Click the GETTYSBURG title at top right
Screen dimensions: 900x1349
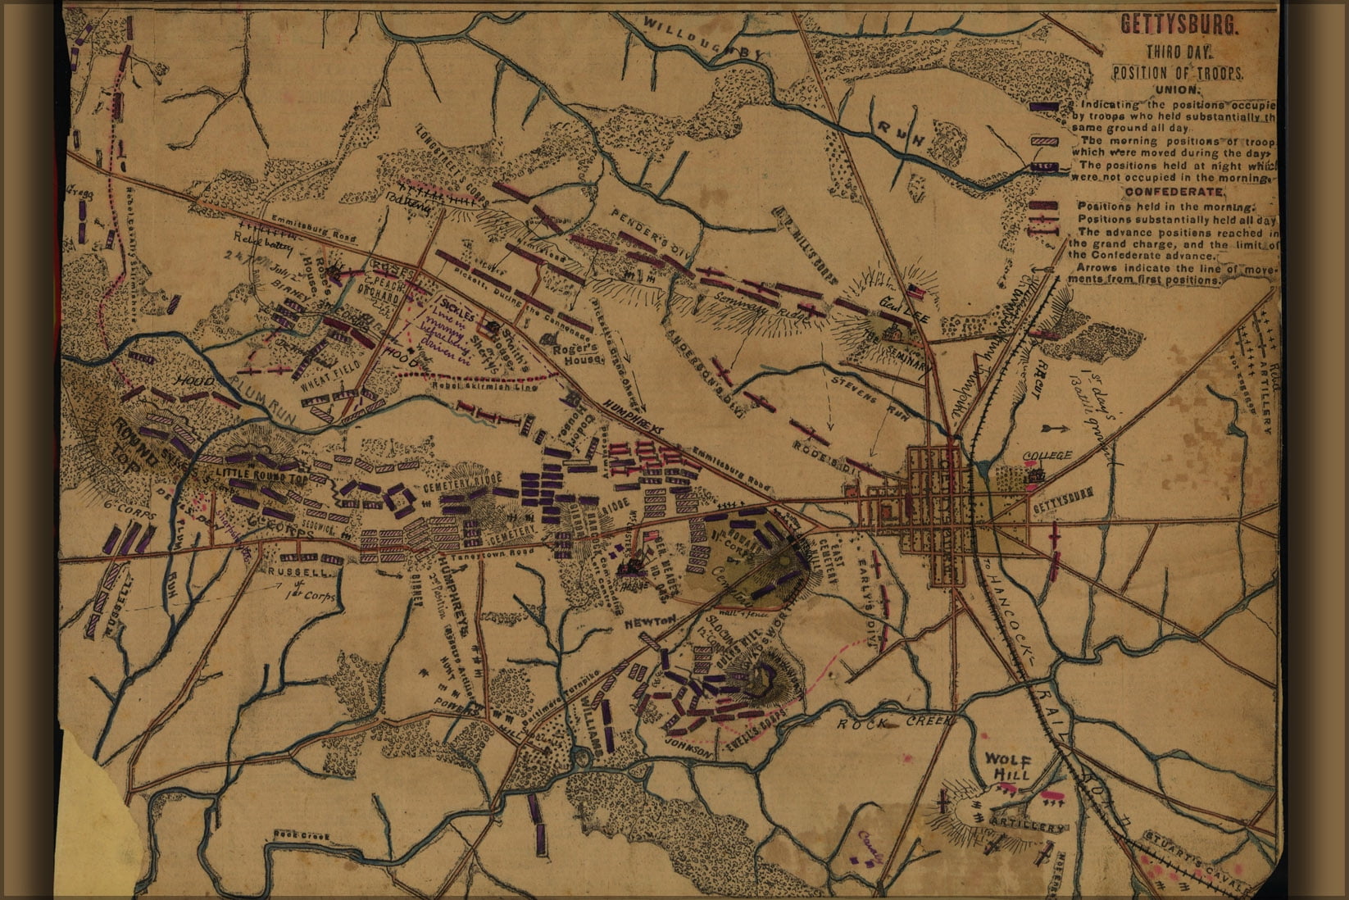coord(1179,25)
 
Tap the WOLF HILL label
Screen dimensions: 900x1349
coord(1006,766)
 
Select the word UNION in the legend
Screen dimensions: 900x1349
coord(1177,90)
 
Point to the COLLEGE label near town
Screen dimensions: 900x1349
coord(1047,456)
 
